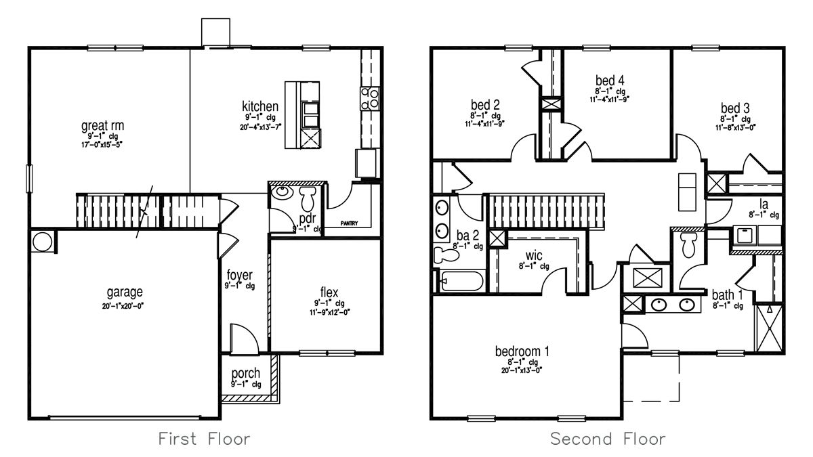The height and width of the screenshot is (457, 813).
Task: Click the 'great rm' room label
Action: click(102, 126)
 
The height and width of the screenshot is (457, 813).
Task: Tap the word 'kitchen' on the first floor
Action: click(260, 106)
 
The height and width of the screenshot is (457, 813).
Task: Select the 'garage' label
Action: click(124, 292)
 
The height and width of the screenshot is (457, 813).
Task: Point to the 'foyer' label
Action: click(240, 275)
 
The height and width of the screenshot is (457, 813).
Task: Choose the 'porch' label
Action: click(245, 374)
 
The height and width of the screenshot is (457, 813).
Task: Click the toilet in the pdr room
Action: click(308, 199)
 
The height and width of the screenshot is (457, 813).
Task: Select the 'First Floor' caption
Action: click(204, 439)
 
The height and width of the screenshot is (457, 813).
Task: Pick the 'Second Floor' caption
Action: click(608, 439)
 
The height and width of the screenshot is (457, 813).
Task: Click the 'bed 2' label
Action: click(485, 105)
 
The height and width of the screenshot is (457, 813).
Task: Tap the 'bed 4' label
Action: click(610, 80)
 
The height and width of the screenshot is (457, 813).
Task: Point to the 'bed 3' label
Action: click(734, 108)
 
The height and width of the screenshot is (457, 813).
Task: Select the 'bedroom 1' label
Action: click(522, 351)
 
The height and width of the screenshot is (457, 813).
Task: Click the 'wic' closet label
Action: click(534, 256)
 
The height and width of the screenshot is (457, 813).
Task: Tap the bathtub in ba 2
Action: click(460, 281)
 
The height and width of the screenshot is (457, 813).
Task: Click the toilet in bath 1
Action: click(689, 245)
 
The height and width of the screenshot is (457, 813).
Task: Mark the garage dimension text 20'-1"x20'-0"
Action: click(124, 305)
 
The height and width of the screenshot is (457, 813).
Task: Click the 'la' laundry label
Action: click(763, 203)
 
